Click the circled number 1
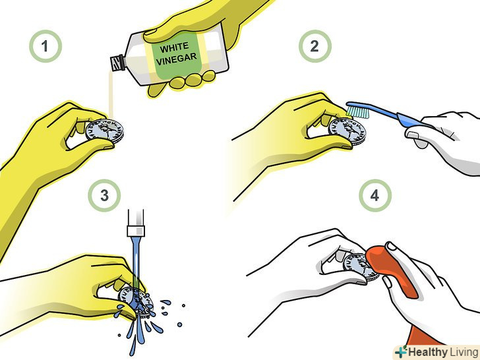(x=45, y=46)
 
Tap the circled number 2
(x=315, y=46)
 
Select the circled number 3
(x=104, y=196)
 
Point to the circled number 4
(x=375, y=196)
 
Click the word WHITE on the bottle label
(x=174, y=47)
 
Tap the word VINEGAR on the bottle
(x=176, y=59)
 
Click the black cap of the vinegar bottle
(x=118, y=63)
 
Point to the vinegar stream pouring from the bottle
(x=111, y=94)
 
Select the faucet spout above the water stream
(x=136, y=223)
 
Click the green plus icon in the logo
(x=401, y=351)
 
